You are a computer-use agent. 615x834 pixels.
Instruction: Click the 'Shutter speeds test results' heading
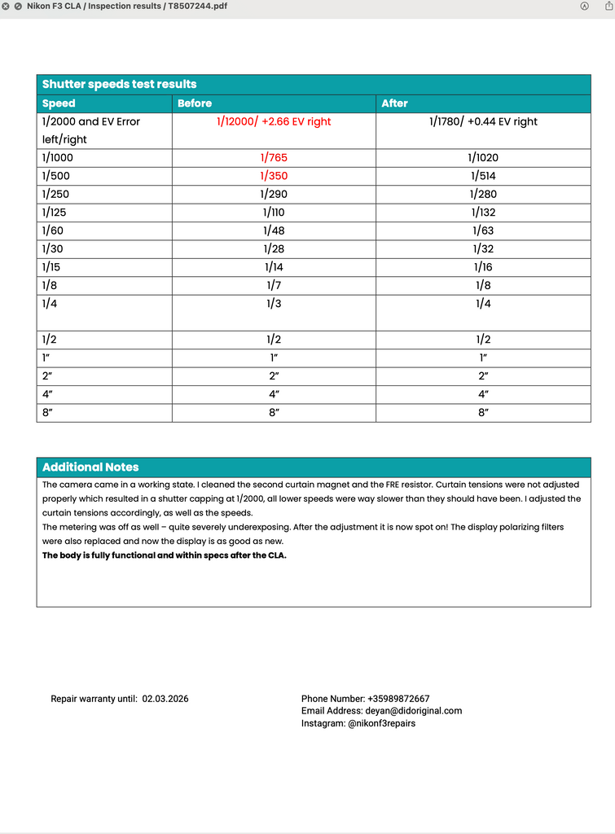(119, 84)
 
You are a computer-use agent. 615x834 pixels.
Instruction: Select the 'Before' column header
(195, 103)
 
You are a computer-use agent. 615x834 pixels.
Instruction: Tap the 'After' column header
(394, 103)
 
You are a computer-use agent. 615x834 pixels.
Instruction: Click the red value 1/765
(274, 158)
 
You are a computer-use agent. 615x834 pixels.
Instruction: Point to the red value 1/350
(274, 176)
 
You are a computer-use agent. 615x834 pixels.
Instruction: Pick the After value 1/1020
(483, 158)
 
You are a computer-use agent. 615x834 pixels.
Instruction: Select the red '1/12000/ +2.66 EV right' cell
(274, 121)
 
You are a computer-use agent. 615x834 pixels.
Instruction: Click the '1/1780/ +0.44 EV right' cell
(483, 121)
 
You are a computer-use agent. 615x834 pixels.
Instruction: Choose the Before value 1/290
(274, 194)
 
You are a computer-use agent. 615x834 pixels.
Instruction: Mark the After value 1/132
(483, 213)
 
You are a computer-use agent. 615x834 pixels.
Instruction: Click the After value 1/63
(483, 230)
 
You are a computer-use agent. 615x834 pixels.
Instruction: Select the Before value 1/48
(274, 230)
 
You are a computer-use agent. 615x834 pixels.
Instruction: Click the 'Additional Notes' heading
(90, 467)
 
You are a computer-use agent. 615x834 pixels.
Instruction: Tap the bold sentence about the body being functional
(165, 555)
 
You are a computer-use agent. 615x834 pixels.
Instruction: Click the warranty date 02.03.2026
(165, 699)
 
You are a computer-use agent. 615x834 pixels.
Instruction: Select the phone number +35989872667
(398, 699)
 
